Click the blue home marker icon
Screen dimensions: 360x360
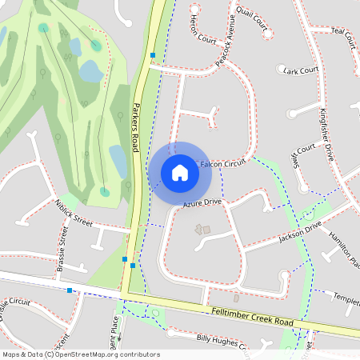coord(180,173)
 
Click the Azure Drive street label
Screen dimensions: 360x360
coord(201,205)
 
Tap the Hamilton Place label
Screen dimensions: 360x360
coord(342,245)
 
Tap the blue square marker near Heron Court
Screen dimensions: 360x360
coord(153,55)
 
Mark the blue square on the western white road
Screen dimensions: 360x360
coord(70,290)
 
